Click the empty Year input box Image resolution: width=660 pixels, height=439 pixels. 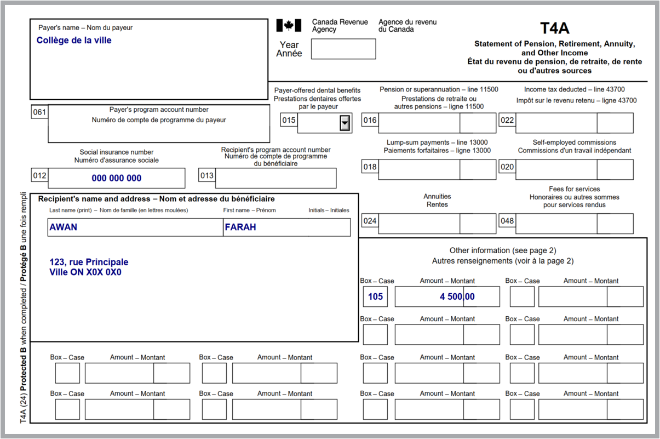click(343, 49)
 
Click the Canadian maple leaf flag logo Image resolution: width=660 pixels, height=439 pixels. click(288, 25)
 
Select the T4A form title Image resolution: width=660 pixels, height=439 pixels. click(554, 28)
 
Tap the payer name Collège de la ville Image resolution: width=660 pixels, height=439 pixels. click(74, 41)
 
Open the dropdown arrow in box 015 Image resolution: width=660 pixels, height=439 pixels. click(345, 123)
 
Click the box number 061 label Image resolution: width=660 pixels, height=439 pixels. click(39, 113)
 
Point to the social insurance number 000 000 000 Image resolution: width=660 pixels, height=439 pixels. click(117, 178)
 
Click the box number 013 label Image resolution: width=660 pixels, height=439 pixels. click(206, 176)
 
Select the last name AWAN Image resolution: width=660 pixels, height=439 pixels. click(64, 227)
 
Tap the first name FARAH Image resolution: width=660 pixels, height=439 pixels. click(240, 227)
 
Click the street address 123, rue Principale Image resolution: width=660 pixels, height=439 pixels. click(89, 263)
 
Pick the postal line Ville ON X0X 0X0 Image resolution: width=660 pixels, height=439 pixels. click(85, 272)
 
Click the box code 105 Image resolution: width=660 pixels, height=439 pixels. click(375, 297)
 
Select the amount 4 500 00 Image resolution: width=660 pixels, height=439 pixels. click(457, 297)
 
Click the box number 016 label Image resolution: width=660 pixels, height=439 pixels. click(370, 121)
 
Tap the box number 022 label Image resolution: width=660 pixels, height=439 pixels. click(507, 121)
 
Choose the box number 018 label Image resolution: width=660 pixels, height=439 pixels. click(370, 167)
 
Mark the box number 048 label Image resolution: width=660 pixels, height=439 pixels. click(507, 221)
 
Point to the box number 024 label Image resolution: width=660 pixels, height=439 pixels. click(370, 221)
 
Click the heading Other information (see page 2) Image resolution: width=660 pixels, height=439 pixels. click(502, 250)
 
